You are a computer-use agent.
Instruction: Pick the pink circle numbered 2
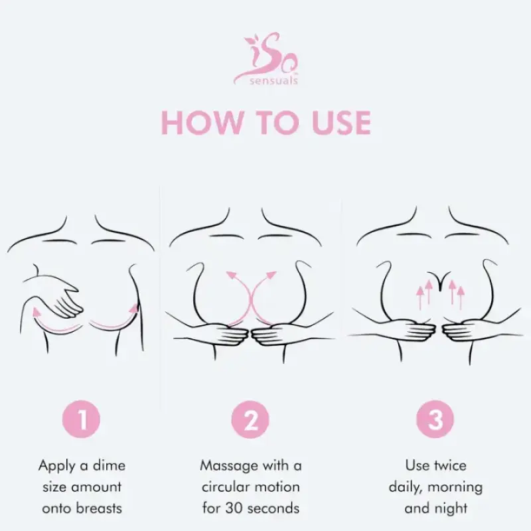(250, 419)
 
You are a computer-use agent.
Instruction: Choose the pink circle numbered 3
(435, 419)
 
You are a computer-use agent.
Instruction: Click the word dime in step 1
(109, 465)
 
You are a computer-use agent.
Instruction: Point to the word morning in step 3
(455, 487)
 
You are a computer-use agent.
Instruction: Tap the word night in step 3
(451, 509)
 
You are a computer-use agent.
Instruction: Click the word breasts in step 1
(99, 509)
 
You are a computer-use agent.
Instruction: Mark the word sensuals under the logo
(273, 81)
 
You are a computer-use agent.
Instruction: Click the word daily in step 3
(406, 487)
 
